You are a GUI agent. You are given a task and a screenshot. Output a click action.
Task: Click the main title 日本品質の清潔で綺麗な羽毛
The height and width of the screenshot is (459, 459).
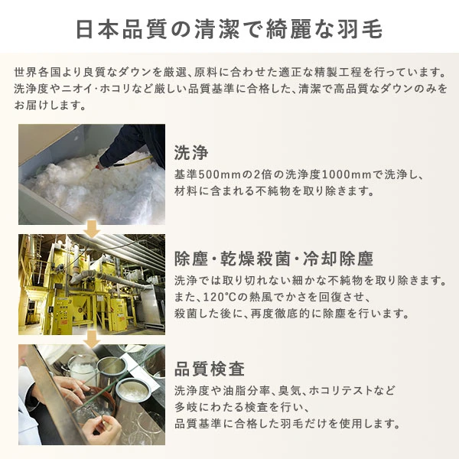tap(229, 29)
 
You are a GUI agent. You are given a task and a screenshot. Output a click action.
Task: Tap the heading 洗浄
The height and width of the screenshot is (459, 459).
tap(191, 150)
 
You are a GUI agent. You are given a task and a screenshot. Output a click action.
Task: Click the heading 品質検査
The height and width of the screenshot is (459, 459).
tap(210, 369)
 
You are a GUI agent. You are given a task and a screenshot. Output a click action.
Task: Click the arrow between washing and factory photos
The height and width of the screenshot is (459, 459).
tap(92, 228)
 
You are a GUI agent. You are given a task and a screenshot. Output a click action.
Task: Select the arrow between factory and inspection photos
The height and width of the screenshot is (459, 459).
tap(92, 337)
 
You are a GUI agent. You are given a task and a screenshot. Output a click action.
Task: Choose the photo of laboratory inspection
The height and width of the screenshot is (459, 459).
tap(92, 395)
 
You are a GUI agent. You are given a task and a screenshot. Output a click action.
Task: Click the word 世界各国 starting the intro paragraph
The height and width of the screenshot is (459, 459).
tap(36, 73)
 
